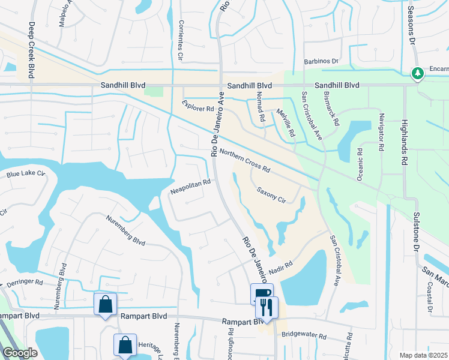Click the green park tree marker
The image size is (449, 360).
pos(417,73)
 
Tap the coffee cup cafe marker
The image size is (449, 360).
pos(262,293)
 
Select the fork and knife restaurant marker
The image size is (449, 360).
pos(267,307)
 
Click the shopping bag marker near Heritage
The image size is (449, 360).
pos(125,344)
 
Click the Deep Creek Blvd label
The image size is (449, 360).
pos(30,50)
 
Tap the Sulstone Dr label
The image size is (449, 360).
pos(415,232)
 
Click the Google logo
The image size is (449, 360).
pos(20,353)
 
